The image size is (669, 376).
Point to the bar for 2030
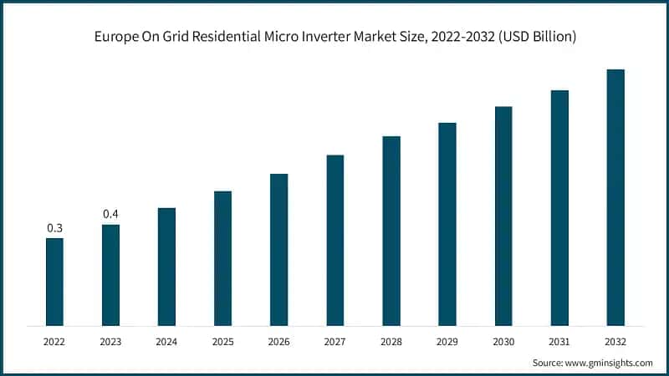click(x=503, y=215)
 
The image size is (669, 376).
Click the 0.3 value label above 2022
click(x=54, y=228)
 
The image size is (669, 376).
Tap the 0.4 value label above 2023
click(x=110, y=215)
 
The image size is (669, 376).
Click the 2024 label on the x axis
click(x=166, y=342)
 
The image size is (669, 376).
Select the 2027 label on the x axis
click(x=334, y=342)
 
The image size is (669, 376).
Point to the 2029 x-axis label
click(x=447, y=342)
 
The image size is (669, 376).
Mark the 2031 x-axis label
click(x=559, y=342)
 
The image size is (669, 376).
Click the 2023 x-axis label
click(x=110, y=342)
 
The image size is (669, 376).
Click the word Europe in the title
click(x=114, y=38)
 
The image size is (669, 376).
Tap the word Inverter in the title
click(x=323, y=38)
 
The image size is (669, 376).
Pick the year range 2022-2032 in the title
click(x=452, y=38)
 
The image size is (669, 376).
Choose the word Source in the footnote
click(x=547, y=363)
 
